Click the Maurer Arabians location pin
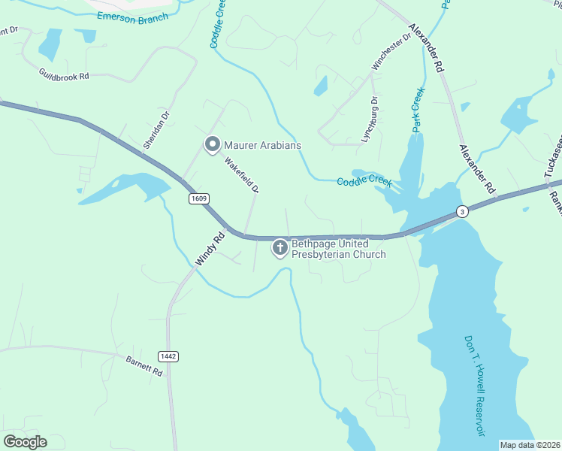[x=212, y=144]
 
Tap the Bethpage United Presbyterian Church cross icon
[x=280, y=247]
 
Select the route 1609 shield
[x=198, y=198]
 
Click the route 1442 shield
[x=168, y=356]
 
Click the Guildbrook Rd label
[x=64, y=74]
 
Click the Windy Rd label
[x=210, y=247]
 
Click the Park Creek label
[x=418, y=110]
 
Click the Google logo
[x=25, y=442]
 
